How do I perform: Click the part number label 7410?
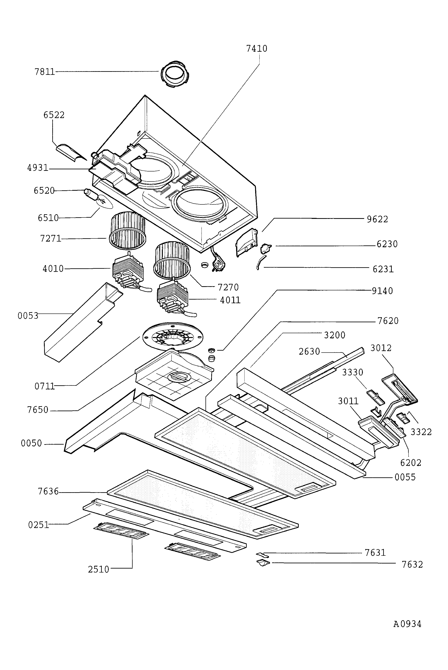coord(257,49)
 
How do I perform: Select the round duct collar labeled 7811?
coord(175,74)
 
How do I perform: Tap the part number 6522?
coord(54,115)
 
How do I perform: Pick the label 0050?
coord(31,443)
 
